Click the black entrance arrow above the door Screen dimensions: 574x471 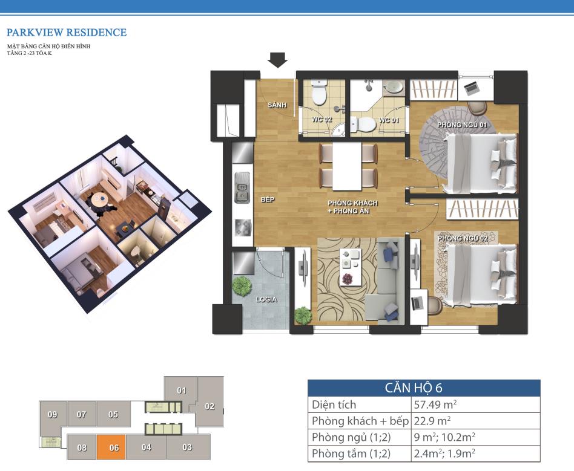277,60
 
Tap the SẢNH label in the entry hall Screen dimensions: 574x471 277,105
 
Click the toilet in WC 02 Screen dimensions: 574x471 319,93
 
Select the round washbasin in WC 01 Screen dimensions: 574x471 393,88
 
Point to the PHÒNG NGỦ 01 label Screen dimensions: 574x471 462,125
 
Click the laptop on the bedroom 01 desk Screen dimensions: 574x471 472,88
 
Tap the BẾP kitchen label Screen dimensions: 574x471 267,200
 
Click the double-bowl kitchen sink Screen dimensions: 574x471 242,187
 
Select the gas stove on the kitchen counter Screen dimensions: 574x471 243,228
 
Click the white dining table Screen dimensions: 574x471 347,166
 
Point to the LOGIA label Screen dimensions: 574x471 266,299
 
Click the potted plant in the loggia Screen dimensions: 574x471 242,287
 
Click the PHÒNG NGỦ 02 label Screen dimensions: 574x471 463,238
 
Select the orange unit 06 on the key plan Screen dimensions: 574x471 111,447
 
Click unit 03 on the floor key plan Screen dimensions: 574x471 188,447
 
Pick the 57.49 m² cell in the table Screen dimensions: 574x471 435,405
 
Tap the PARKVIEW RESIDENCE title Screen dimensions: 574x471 67,33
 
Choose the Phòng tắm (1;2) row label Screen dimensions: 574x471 351,454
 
